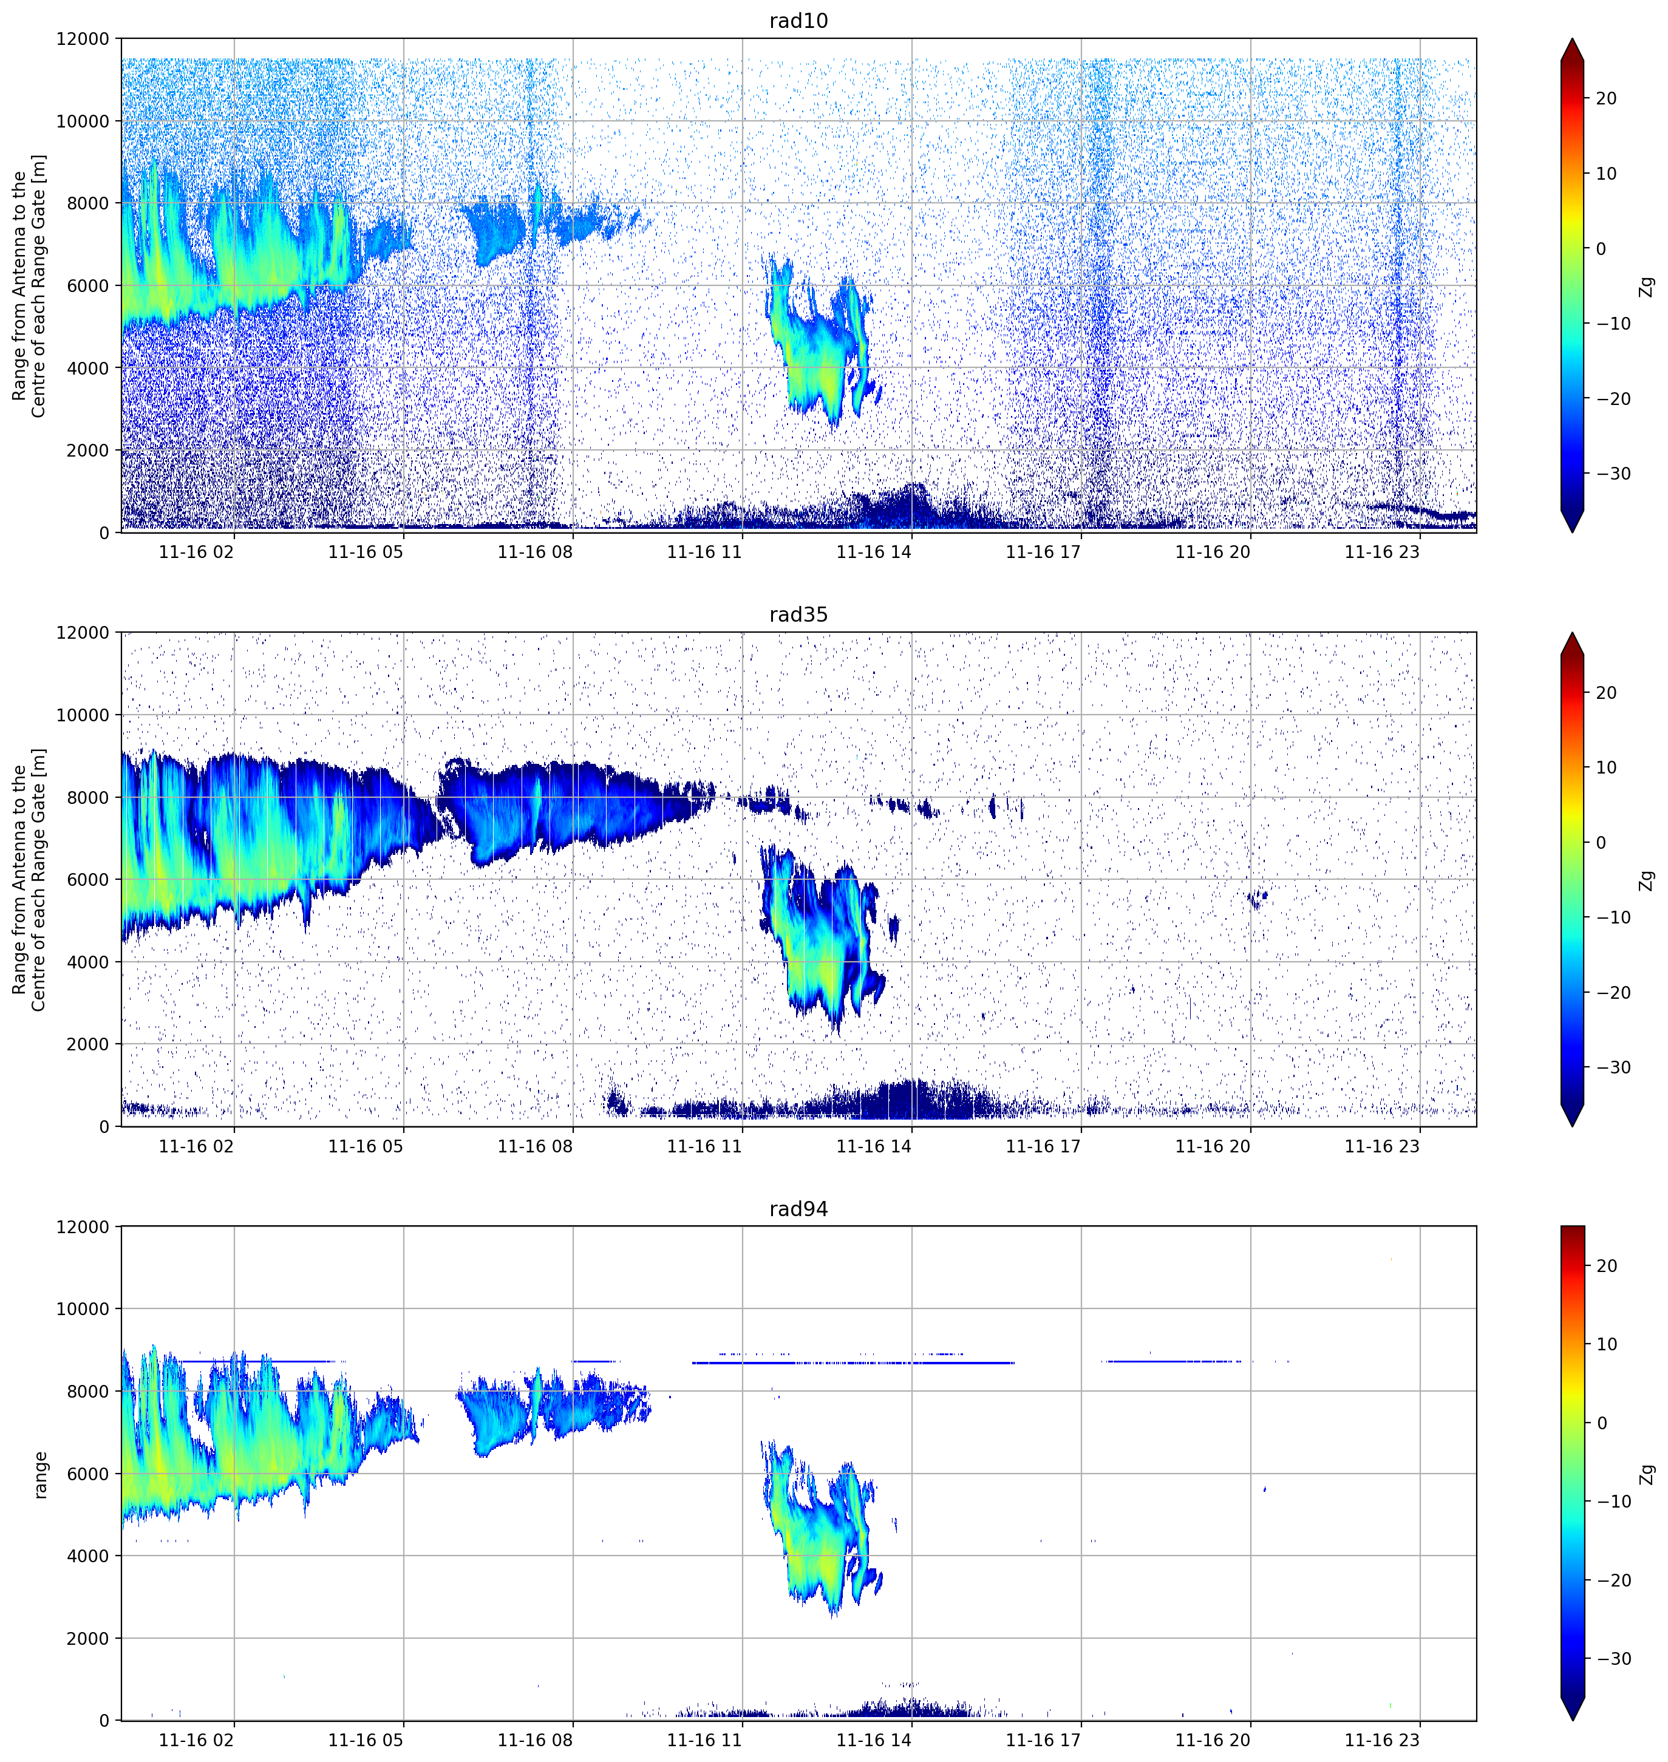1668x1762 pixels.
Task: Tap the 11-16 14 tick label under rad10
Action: pos(874,552)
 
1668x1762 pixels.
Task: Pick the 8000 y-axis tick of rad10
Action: pos(88,203)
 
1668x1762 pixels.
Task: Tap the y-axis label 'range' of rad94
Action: pos(40,1475)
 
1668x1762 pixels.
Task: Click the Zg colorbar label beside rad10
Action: pos(1647,286)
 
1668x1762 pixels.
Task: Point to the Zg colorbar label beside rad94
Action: pos(1647,1474)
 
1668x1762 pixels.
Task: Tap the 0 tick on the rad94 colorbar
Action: pos(1601,1423)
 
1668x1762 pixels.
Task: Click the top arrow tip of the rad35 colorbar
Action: pos(1572,633)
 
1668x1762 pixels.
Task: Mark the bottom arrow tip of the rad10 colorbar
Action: pos(1572,532)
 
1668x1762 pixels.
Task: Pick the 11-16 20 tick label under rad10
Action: pos(1213,552)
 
